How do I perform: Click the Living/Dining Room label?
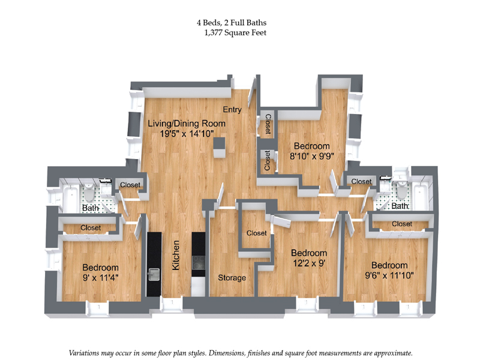pos(187,124)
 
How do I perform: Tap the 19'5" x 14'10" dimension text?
pos(187,134)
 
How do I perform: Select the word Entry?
pos(232,110)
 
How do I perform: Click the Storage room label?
pos(232,278)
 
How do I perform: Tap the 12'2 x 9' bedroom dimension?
pos(308,263)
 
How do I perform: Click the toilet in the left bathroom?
pos(88,193)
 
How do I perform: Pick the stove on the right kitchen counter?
pos(199,263)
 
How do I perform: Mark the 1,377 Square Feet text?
pos(235,33)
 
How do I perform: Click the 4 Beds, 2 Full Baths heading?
pos(231,23)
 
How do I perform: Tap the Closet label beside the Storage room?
pos(256,233)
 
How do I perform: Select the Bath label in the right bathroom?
pos(400,206)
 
